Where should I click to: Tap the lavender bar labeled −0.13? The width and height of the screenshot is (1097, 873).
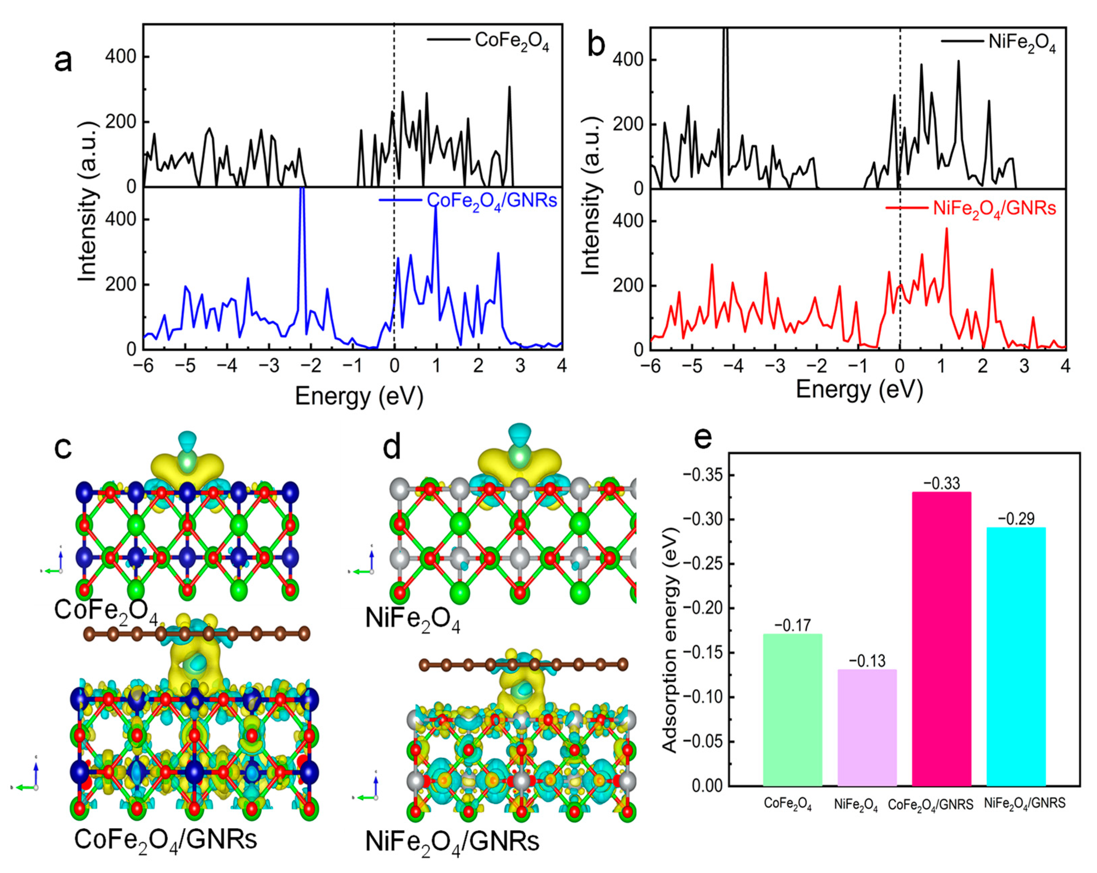(x=867, y=727)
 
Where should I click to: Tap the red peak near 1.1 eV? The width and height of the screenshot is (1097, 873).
(x=946, y=230)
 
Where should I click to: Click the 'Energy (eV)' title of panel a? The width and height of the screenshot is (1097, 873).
(x=359, y=396)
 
